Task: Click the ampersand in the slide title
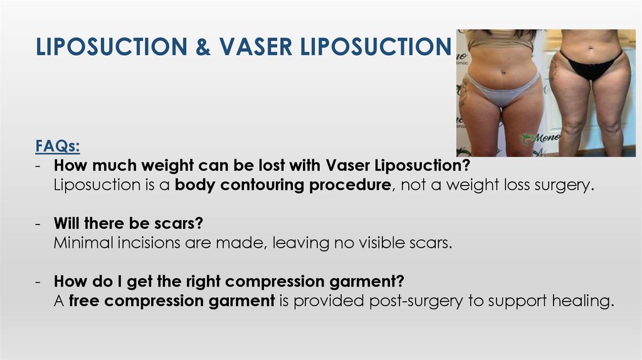click(x=204, y=48)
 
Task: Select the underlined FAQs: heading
click(x=57, y=147)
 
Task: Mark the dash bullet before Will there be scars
click(x=38, y=224)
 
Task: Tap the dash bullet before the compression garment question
click(x=38, y=282)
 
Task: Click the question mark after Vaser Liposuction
click(x=466, y=166)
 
